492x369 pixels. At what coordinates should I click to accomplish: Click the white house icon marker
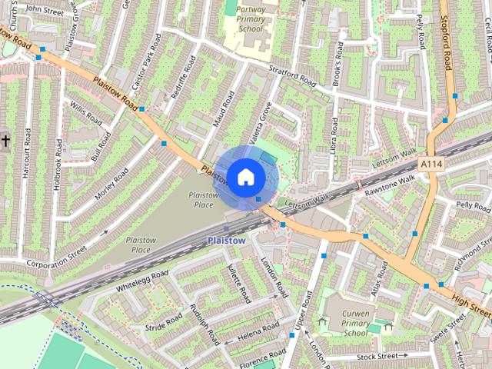pos(245,178)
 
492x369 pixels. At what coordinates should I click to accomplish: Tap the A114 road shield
pos(430,165)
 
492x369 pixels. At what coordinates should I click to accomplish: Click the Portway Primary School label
pos(250,19)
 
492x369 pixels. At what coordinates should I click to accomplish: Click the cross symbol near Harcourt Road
pos(5,141)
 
